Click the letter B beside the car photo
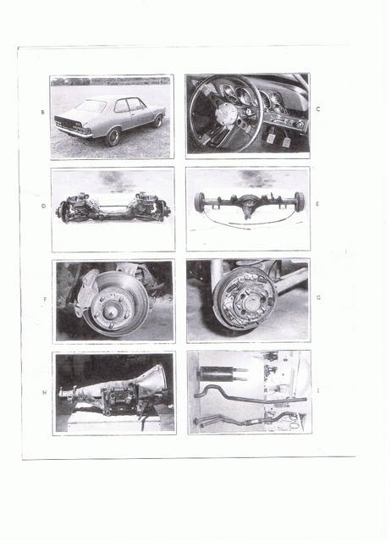point(42,112)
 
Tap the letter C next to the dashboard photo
point(318,109)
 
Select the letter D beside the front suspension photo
point(43,206)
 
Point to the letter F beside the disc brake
point(45,299)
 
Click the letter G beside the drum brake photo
point(318,297)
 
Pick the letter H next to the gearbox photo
point(44,393)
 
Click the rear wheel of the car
point(113,137)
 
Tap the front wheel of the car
point(158,121)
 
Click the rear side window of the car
point(121,106)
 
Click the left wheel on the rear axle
point(200,202)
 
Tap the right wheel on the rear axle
point(299,202)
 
